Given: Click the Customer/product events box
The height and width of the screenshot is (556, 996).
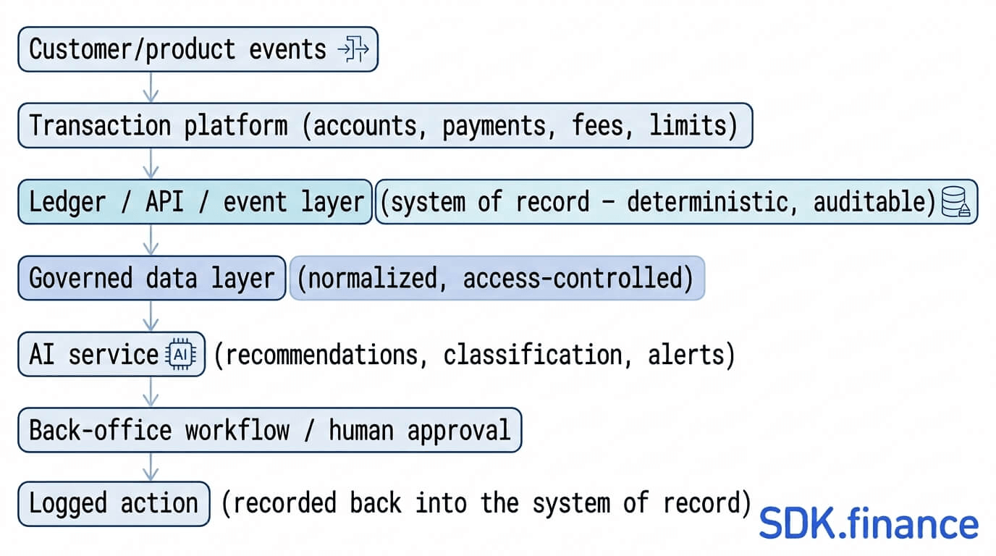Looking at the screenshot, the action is point(198,49).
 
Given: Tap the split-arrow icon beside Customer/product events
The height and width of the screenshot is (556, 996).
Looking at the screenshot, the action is point(353,49).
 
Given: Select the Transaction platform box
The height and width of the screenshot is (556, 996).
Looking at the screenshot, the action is point(385,125).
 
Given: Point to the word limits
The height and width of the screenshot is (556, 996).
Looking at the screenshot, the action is point(688,125).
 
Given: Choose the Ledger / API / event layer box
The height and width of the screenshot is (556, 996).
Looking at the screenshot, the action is point(195,201).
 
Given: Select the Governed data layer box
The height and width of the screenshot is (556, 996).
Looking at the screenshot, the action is point(151,278).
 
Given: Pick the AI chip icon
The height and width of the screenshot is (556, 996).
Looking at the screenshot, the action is point(180,355).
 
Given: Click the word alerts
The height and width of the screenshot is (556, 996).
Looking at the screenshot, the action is point(686,355).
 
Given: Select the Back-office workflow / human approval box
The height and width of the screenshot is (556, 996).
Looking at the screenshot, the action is point(270,430).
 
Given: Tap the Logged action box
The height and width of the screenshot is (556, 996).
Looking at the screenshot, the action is point(114,504).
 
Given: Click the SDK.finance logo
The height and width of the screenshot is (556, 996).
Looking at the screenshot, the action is point(869,523).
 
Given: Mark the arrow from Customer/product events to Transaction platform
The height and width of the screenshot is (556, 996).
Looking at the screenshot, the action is point(151,88).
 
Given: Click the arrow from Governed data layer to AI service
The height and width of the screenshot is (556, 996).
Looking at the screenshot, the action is point(151,316).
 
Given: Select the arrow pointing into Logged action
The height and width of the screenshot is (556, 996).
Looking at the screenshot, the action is point(151,467).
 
